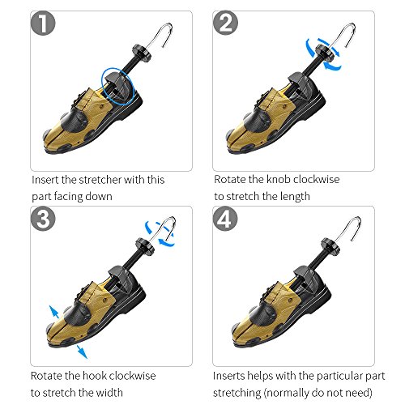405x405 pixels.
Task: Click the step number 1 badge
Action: pyautogui.click(x=43, y=23)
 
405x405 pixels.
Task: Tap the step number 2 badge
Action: pyautogui.click(x=225, y=23)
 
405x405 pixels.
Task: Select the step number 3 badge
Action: pyautogui.click(x=43, y=219)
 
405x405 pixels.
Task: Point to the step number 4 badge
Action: pyautogui.click(x=225, y=219)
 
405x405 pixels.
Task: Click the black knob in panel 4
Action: pyautogui.click(x=330, y=245)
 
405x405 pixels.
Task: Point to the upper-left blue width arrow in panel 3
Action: pyautogui.click(x=54, y=312)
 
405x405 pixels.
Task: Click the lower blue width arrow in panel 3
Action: pyautogui.click(x=82, y=352)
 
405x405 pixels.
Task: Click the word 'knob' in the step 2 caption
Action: pyautogui.click(x=279, y=179)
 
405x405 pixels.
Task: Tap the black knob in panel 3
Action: pyautogui.click(x=145, y=246)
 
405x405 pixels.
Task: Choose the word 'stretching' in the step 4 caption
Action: pyautogui.click(x=237, y=393)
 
